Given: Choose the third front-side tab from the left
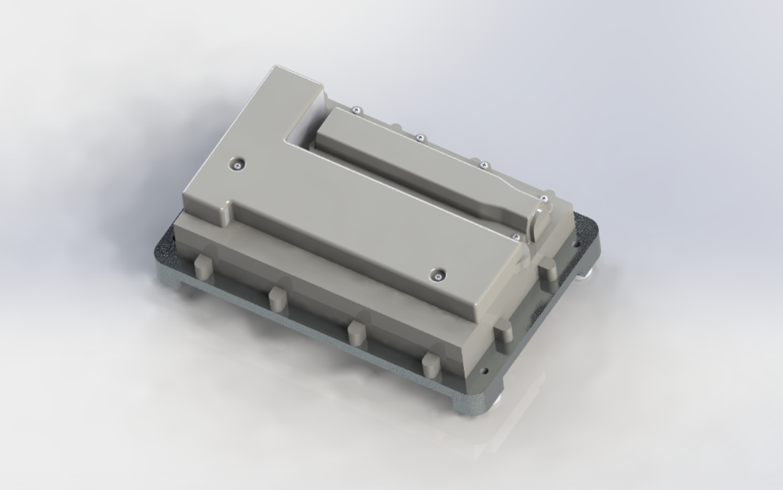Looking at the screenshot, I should pyautogui.click(x=356, y=332).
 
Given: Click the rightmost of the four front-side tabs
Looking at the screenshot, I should pyautogui.click(x=431, y=367).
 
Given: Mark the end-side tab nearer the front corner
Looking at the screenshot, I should pyautogui.click(x=503, y=330).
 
